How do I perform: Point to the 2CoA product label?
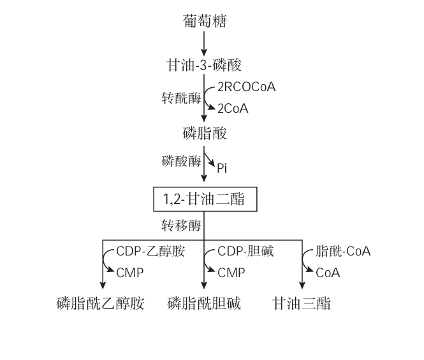[232, 109]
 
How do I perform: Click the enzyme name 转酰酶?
[180, 97]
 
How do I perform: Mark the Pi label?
[222, 169]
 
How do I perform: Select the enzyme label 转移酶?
[180, 226]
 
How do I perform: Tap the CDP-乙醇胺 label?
[150, 251]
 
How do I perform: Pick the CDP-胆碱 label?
[245, 251]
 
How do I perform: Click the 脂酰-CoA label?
[344, 251]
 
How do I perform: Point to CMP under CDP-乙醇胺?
[130, 273]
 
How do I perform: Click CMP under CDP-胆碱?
[231, 273]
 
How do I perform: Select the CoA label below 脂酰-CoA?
[328, 273]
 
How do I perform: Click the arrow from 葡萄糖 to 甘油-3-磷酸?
[204, 44]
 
